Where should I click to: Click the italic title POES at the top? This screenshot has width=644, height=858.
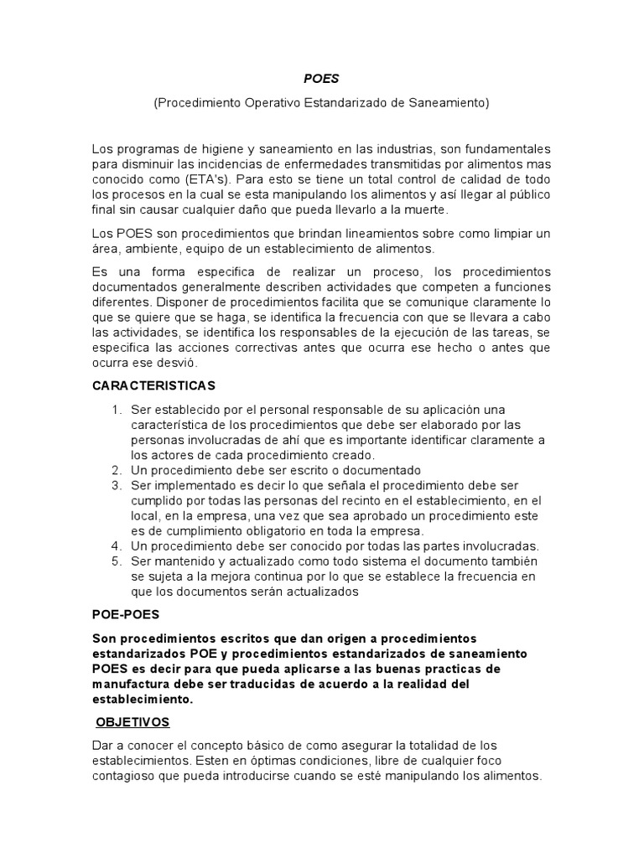(x=321, y=80)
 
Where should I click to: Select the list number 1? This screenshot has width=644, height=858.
(x=116, y=409)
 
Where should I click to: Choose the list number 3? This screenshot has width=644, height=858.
(x=116, y=485)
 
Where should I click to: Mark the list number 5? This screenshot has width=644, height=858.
(x=116, y=561)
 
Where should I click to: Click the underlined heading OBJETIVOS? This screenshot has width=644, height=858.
(x=132, y=721)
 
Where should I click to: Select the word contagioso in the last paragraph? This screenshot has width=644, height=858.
(x=127, y=775)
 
